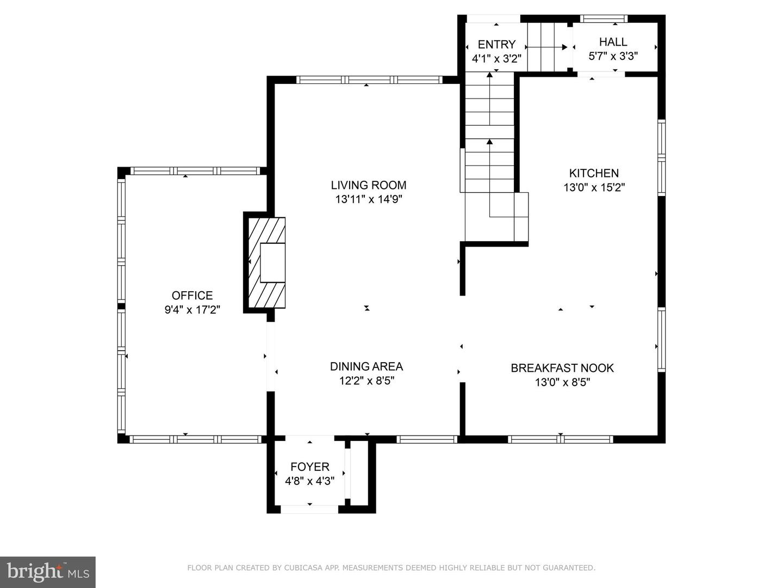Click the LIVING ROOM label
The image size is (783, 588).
[x=369, y=185]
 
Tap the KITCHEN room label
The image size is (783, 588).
[x=594, y=173]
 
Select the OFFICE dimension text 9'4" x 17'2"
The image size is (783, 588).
[x=192, y=310]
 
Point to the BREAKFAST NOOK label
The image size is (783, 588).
[x=562, y=368]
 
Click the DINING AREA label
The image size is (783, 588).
[x=366, y=366]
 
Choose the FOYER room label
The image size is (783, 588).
[x=309, y=467]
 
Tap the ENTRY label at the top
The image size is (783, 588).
[x=496, y=45]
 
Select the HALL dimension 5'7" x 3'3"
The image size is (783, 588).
[x=613, y=56]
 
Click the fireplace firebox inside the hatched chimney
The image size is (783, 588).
[x=272, y=263]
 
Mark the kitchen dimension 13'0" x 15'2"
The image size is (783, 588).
[x=594, y=188]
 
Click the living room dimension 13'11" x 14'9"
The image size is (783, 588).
[x=369, y=199]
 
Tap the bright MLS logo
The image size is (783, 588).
[x=47, y=572]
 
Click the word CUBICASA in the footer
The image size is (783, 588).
[x=303, y=568]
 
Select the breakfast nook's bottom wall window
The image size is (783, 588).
[x=561, y=439]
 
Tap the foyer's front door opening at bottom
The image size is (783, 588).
[x=309, y=509]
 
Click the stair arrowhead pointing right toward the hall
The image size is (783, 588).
[x=564, y=47]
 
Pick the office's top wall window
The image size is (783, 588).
[x=195, y=171]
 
